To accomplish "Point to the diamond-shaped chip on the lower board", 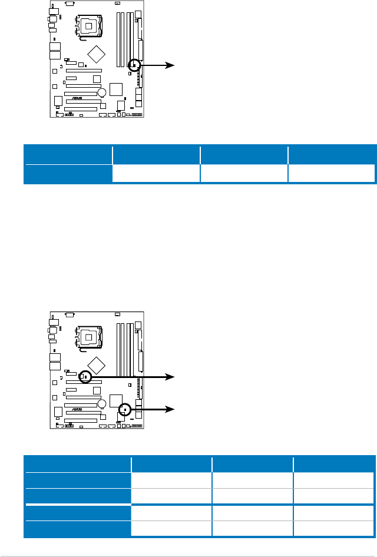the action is [95, 366].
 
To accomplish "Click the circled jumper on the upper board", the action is [134, 65].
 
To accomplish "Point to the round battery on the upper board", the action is [102, 92].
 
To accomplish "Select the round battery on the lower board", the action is [102, 403].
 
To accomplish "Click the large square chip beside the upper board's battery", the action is [116, 89].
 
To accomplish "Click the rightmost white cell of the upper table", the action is [331, 173].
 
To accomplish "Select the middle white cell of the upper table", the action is [244, 173].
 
